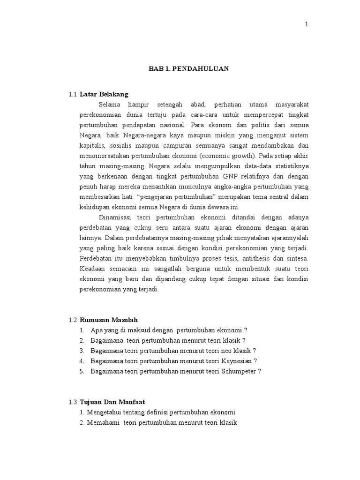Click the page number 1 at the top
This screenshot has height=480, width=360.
pyautogui.click(x=307, y=25)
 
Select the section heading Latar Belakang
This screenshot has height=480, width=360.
pyautogui.click(x=104, y=94)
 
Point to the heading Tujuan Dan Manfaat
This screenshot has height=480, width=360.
pyautogui.click(x=112, y=402)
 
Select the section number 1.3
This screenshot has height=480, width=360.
pyautogui.click(x=72, y=402)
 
